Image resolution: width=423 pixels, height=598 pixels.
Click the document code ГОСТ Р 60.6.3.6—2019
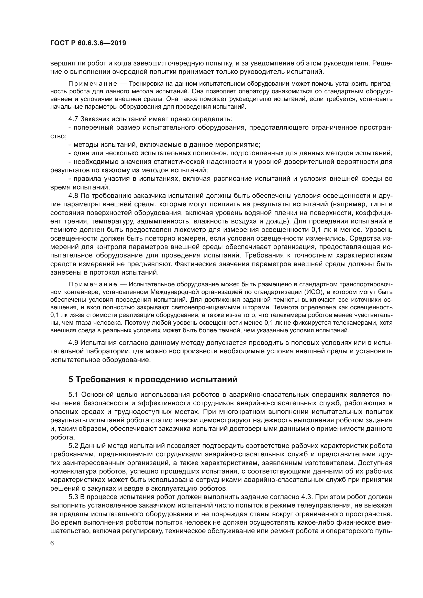[x=88, y=43]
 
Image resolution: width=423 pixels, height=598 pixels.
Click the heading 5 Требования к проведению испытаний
[x=153, y=379]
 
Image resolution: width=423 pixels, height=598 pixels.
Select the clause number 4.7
[x=73, y=119]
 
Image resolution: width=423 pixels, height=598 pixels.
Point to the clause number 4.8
[x=73, y=196]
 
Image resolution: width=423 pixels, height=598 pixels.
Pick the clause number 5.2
[x=73, y=446]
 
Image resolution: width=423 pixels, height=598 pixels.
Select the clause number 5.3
[x=73, y=497]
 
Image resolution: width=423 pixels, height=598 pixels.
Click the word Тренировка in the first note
[x=146, y=84]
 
